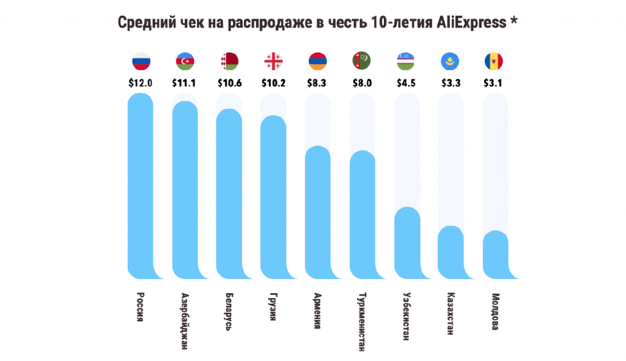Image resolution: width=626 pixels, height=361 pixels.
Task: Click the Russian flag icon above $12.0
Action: [141, 61]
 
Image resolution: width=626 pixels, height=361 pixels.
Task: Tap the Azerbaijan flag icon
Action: [185, 61]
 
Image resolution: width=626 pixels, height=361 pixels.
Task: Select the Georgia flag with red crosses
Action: [273, 61]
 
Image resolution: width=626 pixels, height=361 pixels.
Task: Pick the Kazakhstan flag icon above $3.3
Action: [450, 61]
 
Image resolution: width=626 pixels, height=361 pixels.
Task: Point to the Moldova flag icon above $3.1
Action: [495, 61]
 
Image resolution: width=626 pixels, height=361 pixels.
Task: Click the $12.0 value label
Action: [140, 82]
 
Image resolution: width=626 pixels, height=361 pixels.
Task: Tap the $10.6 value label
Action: [229, 82]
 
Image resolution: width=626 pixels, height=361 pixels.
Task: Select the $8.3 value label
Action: [317, 82]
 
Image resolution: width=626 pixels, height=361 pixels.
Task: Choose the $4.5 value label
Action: [406, 82]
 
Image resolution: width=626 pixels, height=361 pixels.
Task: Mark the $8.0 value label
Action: [361, 82]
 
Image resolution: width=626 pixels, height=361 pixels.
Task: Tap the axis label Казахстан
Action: [450, 315]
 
